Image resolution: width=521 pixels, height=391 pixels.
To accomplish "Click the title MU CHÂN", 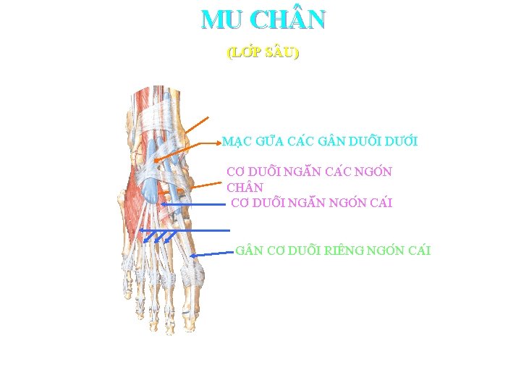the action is pyautogui.click(x=263, y=20).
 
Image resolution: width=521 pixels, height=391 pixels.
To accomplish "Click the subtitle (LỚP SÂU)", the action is pyautogui.click(x=263, y=53).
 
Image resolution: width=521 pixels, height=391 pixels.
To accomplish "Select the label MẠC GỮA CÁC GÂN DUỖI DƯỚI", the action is pyautogui.click(x=320, y=141).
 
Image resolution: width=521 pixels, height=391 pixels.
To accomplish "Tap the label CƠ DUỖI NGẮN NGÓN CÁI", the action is pyautogui.click(x=311, y=203).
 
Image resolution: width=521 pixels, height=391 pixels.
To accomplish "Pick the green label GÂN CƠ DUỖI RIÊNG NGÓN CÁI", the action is pyautogui.click(x=333, y=251).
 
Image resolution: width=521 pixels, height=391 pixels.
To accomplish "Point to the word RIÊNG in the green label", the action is pyautogui.click(x=347, y=251).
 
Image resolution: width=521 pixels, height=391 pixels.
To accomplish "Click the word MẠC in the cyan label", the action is pyautogui.click(x=236, y=141).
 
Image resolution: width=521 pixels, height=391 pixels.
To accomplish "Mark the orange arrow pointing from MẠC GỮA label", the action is pyautogui.click(x=187, y=151).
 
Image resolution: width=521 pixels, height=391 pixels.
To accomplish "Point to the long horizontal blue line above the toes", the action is pyautogui.click(x=184, y=230).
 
